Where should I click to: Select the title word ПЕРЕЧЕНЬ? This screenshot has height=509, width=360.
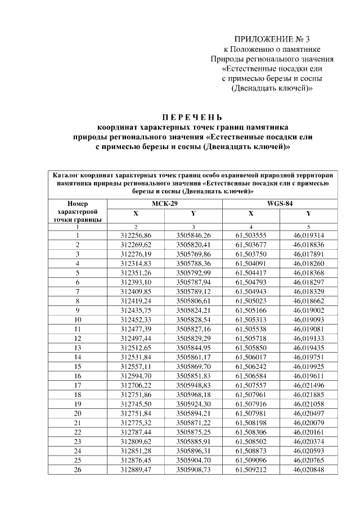[193, 118]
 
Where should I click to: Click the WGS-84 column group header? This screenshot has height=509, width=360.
[280, 204]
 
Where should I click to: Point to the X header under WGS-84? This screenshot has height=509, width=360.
[251, 214]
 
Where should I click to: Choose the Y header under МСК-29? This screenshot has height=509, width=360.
[193, 214]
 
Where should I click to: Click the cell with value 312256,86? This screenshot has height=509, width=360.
[136, 235]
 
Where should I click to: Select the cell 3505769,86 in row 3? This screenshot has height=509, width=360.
[193, 254]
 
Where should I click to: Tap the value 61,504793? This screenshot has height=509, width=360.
[251, 282]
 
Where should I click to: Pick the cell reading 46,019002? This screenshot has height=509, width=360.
[308, 309]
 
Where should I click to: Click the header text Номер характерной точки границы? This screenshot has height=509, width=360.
[78, 211]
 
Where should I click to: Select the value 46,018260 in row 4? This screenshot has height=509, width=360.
[308, 263]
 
